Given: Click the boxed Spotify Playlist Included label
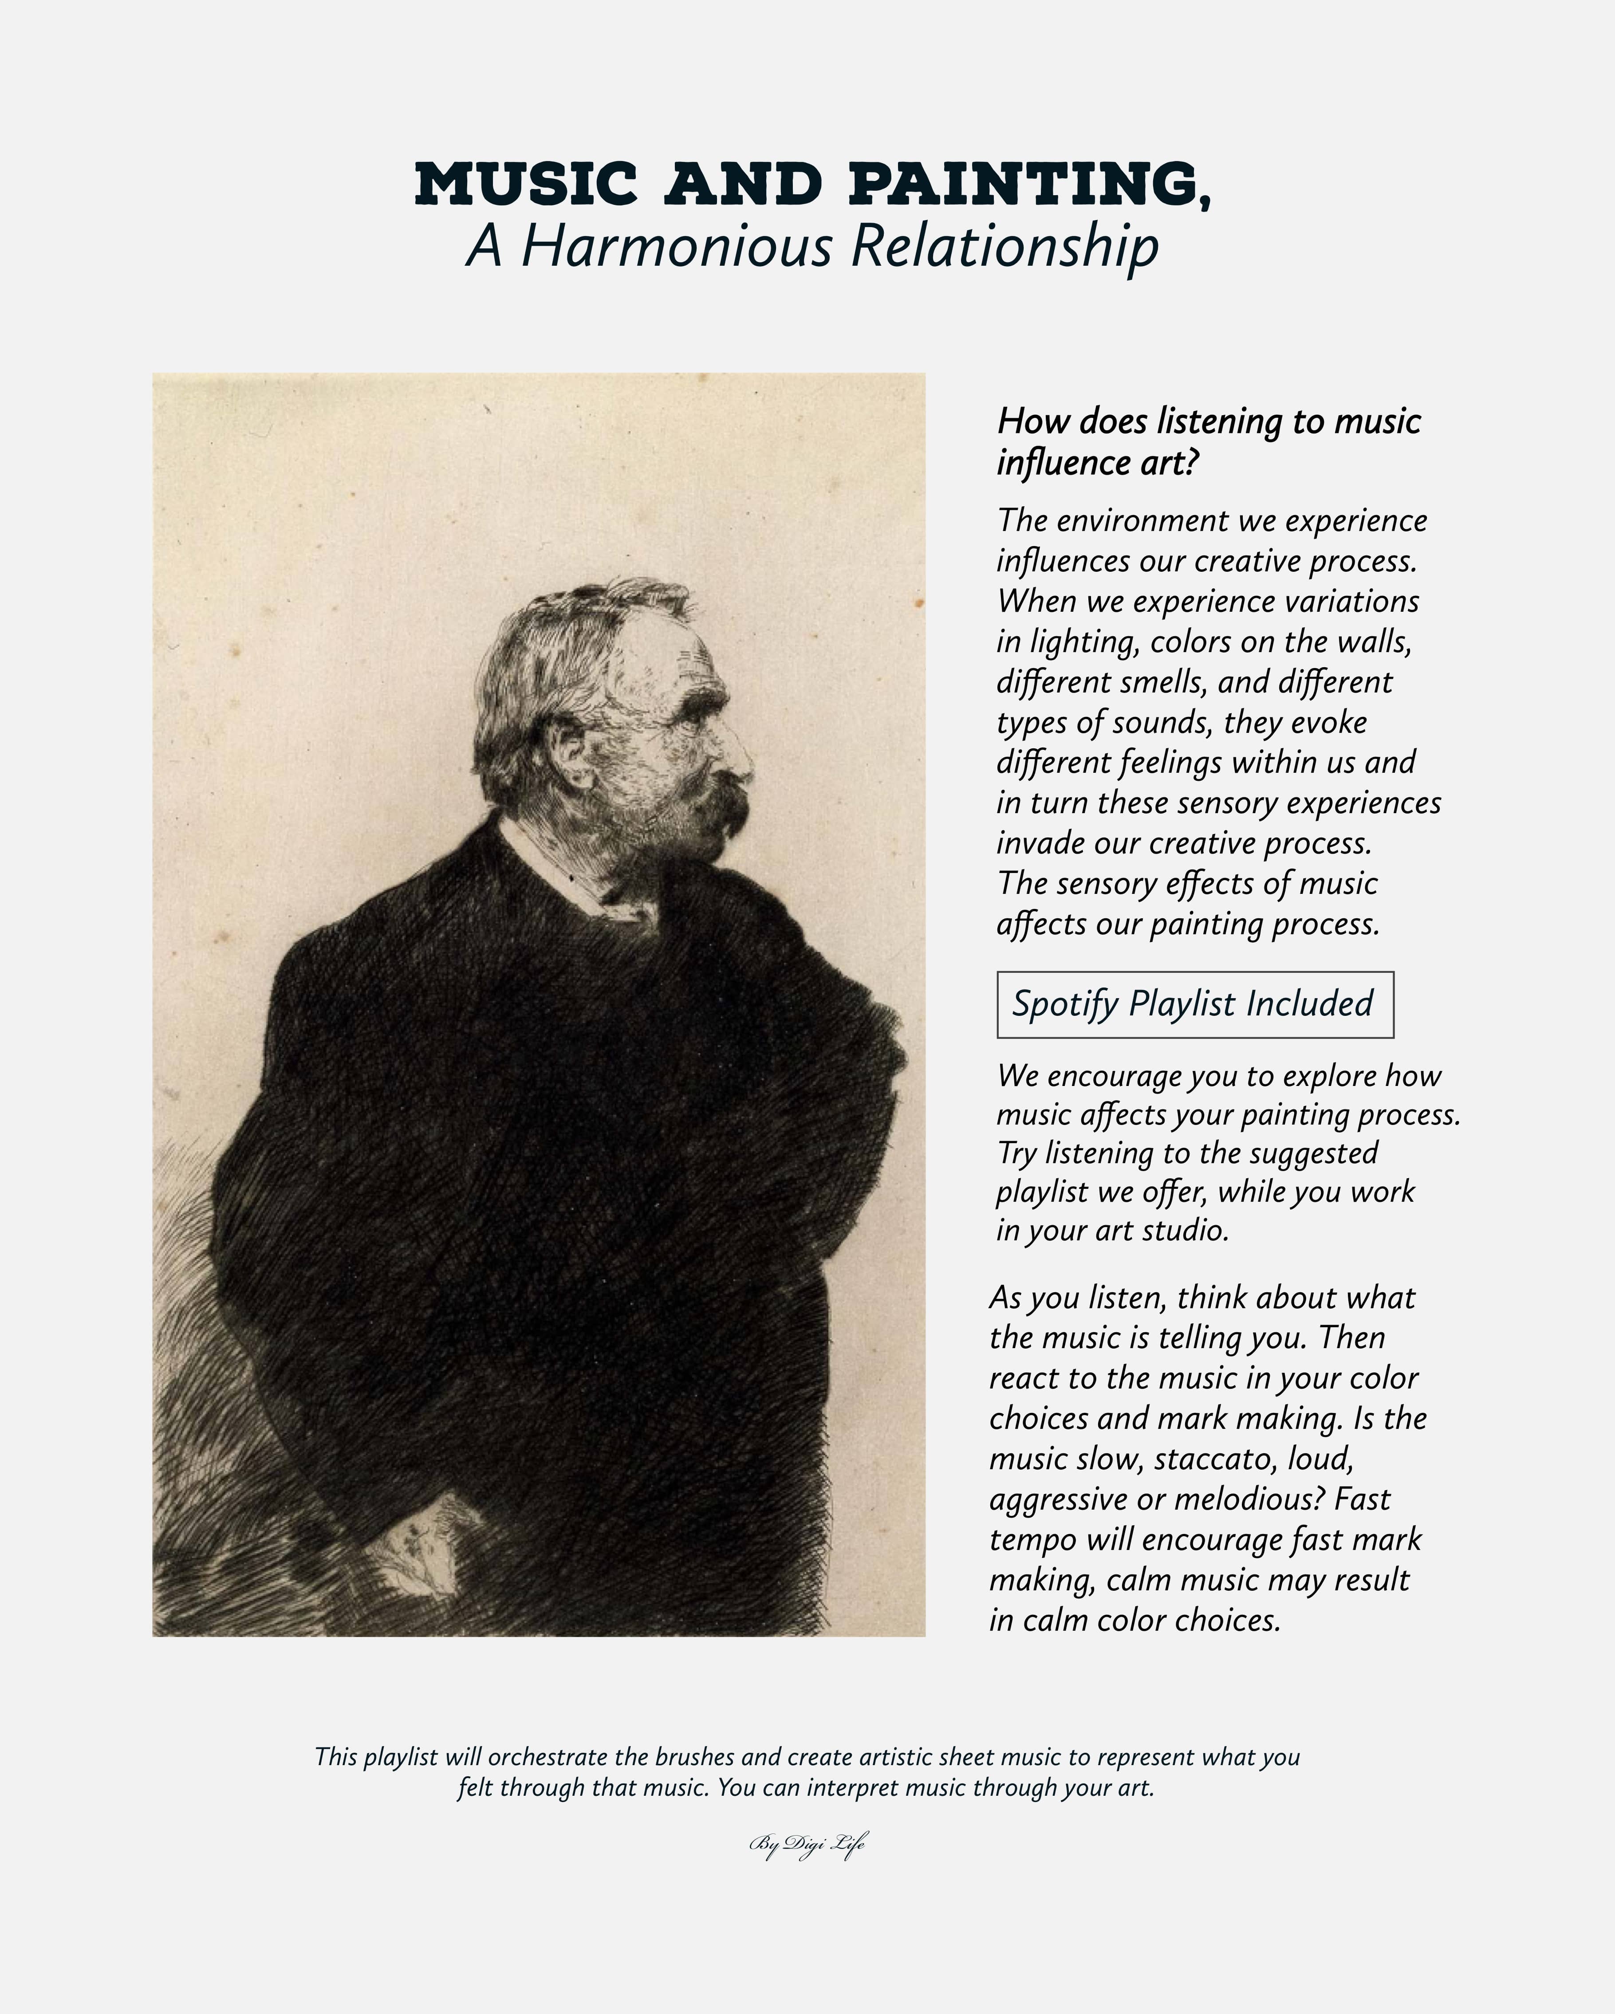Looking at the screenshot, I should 1195,1004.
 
